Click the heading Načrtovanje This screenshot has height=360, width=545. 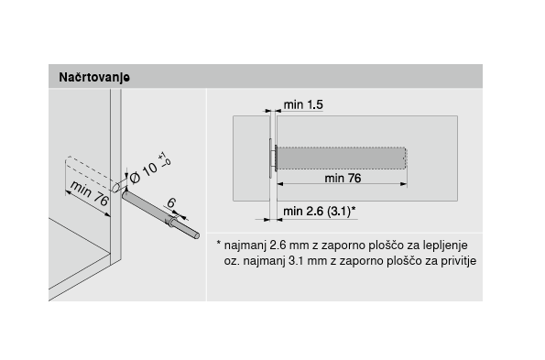[94, 77]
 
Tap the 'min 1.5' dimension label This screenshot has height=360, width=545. [303, 104]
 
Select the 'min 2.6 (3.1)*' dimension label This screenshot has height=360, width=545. [320, 211]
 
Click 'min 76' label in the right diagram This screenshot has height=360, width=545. [343, 179]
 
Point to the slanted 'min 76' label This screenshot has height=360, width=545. [90, 193]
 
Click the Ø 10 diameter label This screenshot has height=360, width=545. [149, 168]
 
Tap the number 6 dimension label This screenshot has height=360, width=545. [171, 202]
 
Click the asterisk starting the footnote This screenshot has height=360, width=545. [219, 243]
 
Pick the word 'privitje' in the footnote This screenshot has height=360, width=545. [459, 261]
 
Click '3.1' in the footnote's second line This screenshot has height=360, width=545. [297, 261]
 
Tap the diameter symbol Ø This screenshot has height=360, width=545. [135, 178]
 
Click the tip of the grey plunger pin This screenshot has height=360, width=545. [197, 236]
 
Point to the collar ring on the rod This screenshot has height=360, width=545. [170, 221]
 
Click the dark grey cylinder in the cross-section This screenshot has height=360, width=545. [342, 158]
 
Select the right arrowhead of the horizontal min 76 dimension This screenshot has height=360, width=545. [404, 184]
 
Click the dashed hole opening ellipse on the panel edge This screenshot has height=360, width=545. [115, 186]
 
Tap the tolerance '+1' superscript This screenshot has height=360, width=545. [162, 156]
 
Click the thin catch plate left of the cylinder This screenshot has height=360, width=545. [270, 158]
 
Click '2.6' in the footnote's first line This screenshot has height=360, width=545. [278, 245]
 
